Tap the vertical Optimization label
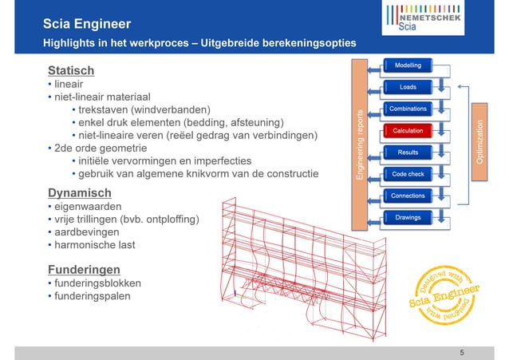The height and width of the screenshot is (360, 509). (x=480, y=140)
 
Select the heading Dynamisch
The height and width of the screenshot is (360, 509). (x=78, y=192)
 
